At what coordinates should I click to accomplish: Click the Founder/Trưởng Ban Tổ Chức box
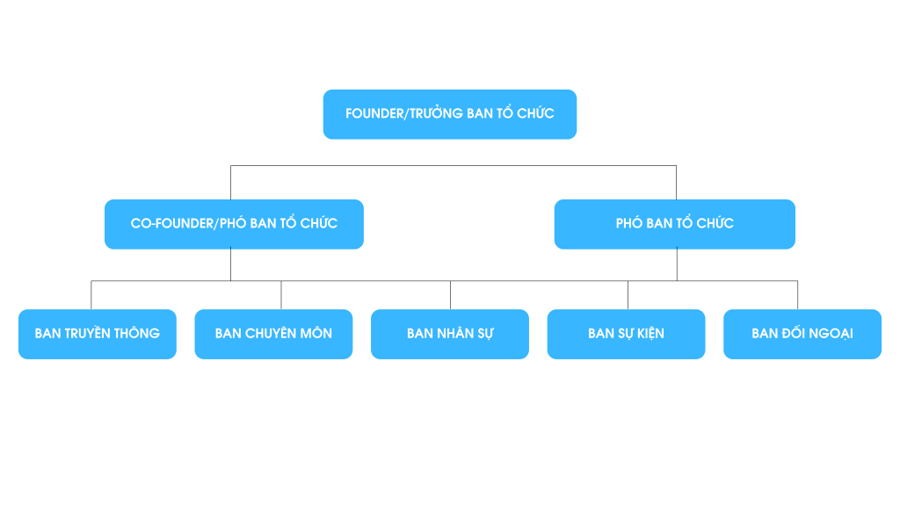tap(449, 114)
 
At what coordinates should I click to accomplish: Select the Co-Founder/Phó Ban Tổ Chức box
tap(234, 224)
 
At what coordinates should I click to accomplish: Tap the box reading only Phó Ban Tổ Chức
tap(674, 224)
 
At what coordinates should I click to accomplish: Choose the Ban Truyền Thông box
tap(97, 334)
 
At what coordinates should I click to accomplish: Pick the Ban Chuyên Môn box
tap(273, 334)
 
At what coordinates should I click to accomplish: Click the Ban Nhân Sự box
tap(449, 334)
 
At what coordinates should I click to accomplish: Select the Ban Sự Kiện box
tap(626, 334)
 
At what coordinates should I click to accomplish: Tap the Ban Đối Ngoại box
tap(802, 334)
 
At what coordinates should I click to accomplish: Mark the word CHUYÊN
tap(271, 334)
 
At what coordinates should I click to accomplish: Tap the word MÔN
tap(316, 334)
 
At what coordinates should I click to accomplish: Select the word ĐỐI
tap(795, 334)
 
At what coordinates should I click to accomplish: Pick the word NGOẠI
tap(831, 334)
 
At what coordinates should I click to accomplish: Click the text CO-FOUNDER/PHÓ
tap(188, 224)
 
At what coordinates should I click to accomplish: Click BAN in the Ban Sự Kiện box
tap(600, 334)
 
